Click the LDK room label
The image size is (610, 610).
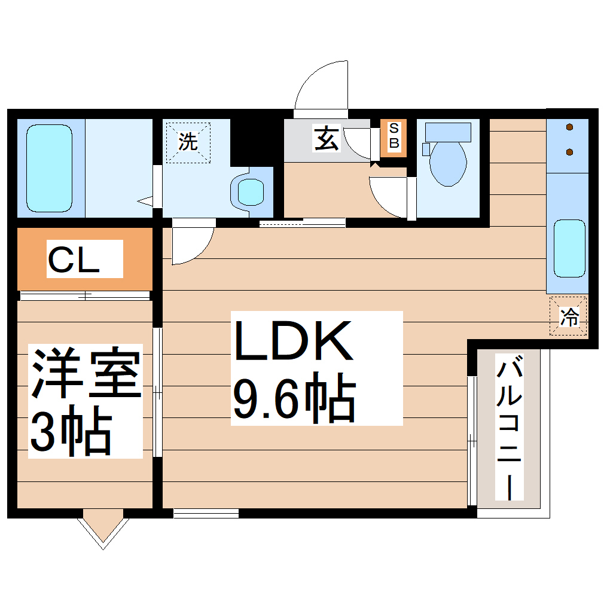(293, 341)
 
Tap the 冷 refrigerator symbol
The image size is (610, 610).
(569, 316)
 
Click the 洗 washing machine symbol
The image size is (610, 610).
(188, 142)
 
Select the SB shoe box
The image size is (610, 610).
(394, 138)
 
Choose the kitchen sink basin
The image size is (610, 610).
(569, 248)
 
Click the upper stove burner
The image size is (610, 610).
(569, 127)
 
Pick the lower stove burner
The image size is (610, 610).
(569, 152)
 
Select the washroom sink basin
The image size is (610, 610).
(251, 192)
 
